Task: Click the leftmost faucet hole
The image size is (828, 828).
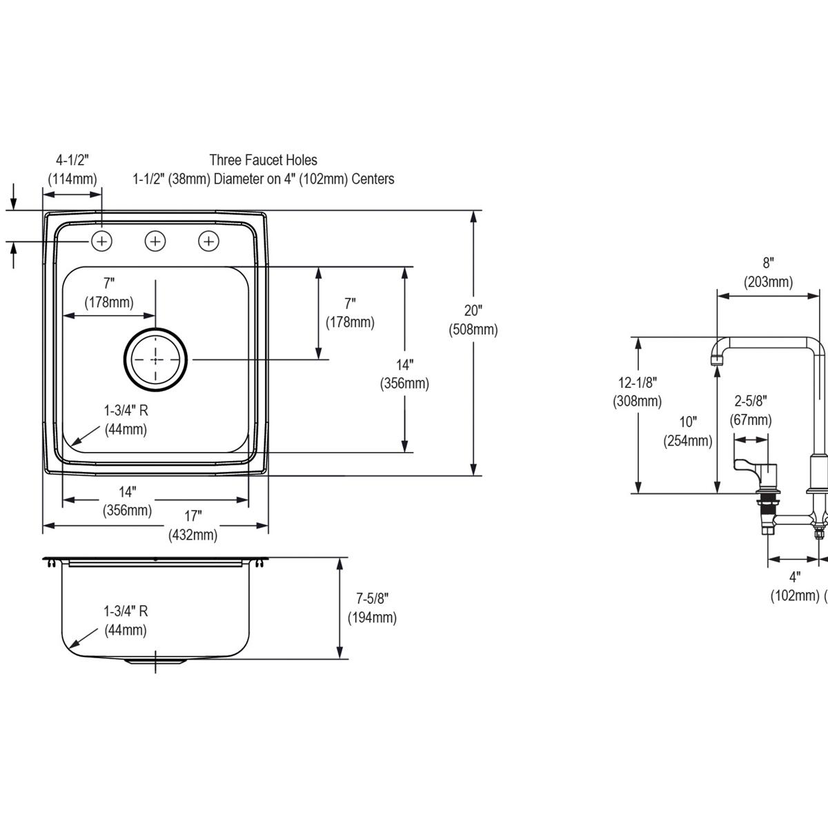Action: [x=101, y=241]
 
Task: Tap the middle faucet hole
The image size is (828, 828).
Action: [x=155, y=241]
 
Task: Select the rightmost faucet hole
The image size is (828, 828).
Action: [x=208, y=241]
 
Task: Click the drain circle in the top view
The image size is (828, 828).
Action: [x=155, y=359]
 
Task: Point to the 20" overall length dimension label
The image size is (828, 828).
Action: [x=473, y=319]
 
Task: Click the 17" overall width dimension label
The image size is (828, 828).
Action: [x=193, y=524]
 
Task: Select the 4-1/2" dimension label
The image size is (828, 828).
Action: [x=72, y=169]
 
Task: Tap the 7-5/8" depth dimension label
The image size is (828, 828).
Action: [x=372, y=607]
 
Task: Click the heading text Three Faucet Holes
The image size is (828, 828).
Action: [x=264, y=160]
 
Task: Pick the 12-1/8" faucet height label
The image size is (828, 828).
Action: [x=637, y=391]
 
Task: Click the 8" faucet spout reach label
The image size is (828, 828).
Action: [x=768, y=272]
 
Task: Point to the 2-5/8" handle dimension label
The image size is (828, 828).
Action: [x=751, y=410]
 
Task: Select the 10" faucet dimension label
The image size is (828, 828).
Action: [x=688, y=431]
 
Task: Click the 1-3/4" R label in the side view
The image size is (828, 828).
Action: [x=126, y=620]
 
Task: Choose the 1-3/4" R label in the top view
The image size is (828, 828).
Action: [x=126, y=420]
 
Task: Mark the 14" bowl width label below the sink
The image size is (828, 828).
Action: [x=127, y=501]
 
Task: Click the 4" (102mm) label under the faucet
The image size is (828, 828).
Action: [x=794, y=586]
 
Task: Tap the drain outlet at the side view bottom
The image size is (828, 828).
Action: [x=155, y=662]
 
